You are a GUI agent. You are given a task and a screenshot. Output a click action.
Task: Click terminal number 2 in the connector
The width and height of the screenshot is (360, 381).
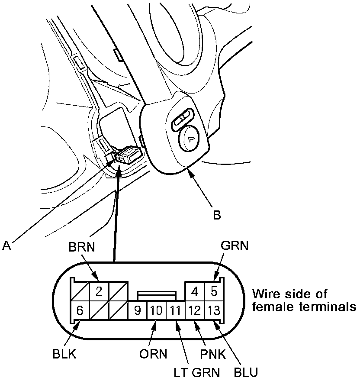pos(99,291)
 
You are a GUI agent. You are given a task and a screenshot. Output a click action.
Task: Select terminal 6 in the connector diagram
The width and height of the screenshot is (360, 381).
pos(79,310)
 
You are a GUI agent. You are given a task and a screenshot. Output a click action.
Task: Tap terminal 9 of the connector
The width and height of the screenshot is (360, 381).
pos(138,310)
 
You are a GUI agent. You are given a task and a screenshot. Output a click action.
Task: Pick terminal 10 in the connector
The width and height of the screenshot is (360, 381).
pos(156,310)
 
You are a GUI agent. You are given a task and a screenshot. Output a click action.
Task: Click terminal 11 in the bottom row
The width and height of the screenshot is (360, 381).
pos(175,310)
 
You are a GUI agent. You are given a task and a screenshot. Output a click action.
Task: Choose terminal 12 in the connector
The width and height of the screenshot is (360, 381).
pos(194,310)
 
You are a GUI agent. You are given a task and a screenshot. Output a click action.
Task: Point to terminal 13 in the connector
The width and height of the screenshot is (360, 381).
pos(213,310)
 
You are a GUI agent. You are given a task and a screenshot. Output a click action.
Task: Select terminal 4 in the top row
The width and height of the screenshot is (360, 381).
pos(194,291)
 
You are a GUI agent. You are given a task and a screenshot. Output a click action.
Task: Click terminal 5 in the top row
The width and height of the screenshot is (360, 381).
pos(213,291)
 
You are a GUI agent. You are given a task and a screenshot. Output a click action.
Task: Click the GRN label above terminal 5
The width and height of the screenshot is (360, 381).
pos(235,246)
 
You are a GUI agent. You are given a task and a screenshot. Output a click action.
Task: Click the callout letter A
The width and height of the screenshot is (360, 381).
pos(6,245)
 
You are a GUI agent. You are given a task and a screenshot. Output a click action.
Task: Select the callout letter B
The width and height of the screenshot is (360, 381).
pos(217,215)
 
